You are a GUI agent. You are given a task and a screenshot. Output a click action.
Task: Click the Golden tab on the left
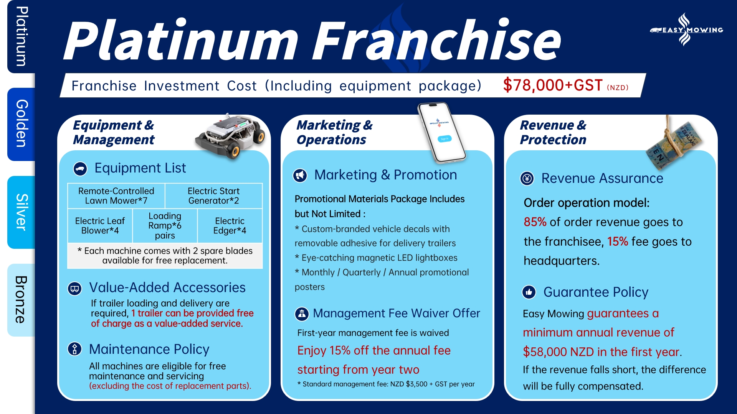tap(21, 124)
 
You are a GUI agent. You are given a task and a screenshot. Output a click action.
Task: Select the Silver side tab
tap(21, 212)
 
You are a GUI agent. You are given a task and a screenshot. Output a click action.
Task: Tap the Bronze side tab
tap(21, 300)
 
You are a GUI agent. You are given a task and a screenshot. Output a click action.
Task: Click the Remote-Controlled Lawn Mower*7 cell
tap(116, 196)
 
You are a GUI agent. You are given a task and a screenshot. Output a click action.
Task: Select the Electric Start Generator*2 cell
tap(213, 196)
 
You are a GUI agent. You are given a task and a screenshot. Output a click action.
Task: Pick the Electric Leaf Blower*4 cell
tap(100, 226)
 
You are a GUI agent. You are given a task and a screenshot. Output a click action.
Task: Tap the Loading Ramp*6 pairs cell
tap(165, 226)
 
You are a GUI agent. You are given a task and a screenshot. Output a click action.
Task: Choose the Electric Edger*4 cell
tap(230, 226)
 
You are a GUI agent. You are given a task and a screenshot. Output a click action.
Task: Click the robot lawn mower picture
tap(230, 135)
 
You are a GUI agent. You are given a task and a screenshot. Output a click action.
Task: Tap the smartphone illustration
tap(442, 132)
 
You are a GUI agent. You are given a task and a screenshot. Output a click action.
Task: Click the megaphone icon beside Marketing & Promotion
tap(300, 175)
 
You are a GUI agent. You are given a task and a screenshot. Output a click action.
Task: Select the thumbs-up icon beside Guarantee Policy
tap(529, 292)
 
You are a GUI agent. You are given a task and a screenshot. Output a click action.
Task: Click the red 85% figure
tap(535, 222)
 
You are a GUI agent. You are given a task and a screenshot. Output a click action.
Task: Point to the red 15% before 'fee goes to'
tap(618, 242)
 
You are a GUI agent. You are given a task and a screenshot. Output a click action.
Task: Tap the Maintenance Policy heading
tap(149, 349)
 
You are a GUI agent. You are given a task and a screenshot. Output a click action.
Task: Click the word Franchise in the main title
tap(437, 41)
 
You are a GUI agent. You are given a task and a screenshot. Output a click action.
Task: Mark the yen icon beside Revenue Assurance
tap(527, 178)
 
